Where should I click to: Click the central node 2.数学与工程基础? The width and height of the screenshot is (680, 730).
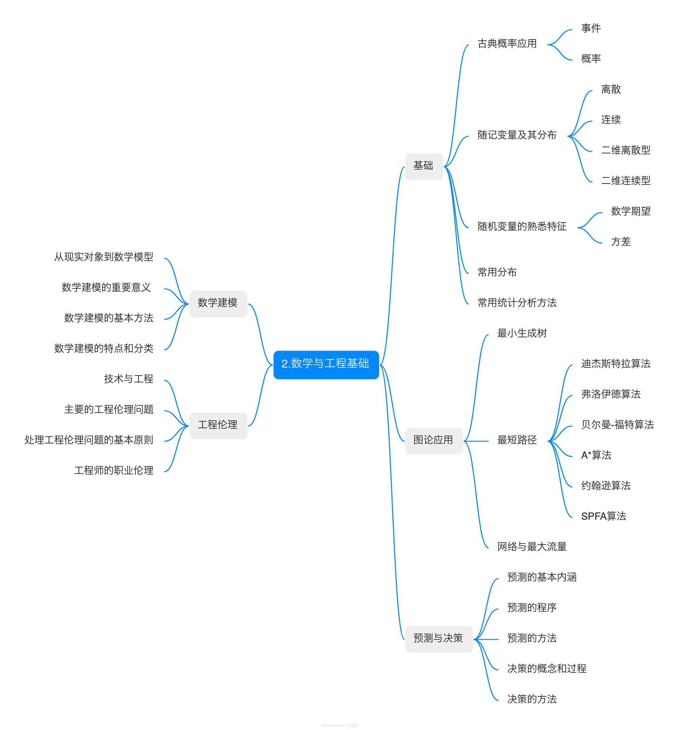(x=326, y=364)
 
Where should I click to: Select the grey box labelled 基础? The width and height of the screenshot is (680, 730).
(x=424, y=166)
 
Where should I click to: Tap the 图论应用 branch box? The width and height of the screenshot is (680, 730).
(x=434, y=441)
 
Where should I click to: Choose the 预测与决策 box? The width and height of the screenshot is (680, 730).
(x=438, y=639)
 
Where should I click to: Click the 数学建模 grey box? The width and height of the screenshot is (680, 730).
(x=218, y=303)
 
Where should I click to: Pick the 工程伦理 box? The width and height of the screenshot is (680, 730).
(x=218, y=425)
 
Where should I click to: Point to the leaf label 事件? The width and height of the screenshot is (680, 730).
(x=591, y=29)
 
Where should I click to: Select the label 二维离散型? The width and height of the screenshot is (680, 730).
(x=625, y=151)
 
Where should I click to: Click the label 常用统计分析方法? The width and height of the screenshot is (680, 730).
(x=517, y=303)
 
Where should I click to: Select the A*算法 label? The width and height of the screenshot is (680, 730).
(x=596, y=456)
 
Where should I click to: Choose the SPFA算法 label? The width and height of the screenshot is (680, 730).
(x=603, y=517)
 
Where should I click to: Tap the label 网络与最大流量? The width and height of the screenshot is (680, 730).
(x=531, y=547)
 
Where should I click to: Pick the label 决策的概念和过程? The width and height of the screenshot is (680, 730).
(x=546, y=669)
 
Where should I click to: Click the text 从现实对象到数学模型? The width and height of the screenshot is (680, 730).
(x=104, y=257)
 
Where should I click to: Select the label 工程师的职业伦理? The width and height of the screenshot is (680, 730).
(x=114, y=471)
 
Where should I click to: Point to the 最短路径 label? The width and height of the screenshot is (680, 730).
(x=517, y=440)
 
